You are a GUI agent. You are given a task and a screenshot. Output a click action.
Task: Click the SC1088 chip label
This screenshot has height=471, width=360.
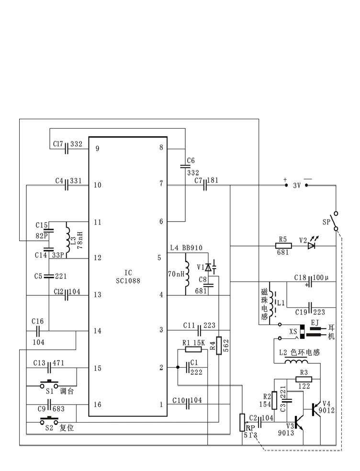pos(128,280)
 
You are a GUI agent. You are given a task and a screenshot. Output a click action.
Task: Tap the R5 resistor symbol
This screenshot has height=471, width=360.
pos(283,246)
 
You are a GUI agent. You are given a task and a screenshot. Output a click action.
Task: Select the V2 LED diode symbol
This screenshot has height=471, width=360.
pos(312,245)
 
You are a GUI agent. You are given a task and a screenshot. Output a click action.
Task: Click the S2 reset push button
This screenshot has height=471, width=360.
pos(49,421)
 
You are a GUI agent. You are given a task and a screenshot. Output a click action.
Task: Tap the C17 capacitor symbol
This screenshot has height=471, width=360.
pos(67,148)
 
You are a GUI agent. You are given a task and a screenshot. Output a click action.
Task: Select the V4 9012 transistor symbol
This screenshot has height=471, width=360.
pos(315,409)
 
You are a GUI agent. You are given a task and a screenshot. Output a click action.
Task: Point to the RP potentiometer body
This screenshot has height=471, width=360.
pos(242,422)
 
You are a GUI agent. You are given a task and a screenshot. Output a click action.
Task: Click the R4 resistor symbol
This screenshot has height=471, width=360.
pos(219,346)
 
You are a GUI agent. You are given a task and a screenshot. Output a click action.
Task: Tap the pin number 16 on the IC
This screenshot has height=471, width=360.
pos(97,404)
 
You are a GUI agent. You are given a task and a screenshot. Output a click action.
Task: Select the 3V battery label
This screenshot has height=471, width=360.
pos(297,186)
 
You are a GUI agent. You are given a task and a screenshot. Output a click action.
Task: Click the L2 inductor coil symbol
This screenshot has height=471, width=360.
pos(296,361)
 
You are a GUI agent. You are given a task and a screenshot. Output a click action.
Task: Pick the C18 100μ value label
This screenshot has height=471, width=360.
pos(321,278)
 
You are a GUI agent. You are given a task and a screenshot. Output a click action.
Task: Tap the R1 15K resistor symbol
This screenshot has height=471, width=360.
pos(193,349)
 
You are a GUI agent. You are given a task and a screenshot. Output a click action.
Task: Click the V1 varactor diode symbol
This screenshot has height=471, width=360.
pos(208,267)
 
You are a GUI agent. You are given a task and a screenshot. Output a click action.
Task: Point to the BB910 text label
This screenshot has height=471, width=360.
pos(192,248)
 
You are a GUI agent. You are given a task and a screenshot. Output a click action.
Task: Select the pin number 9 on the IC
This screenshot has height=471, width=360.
pos(97,149)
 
